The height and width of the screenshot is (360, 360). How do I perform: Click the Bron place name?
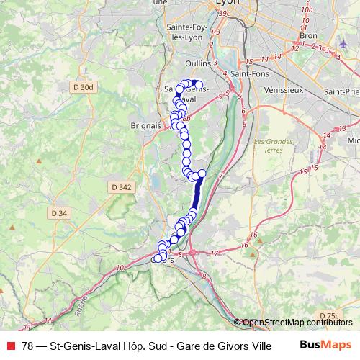click(x=307, y=35)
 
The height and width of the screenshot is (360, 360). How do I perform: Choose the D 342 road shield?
click(x=123, y=187)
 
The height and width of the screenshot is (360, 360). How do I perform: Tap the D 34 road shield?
click(x=59, y=213)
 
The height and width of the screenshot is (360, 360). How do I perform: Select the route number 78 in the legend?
click(x=27, y=344)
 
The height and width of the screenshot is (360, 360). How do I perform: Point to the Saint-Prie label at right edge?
click(x=343, y=91)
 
